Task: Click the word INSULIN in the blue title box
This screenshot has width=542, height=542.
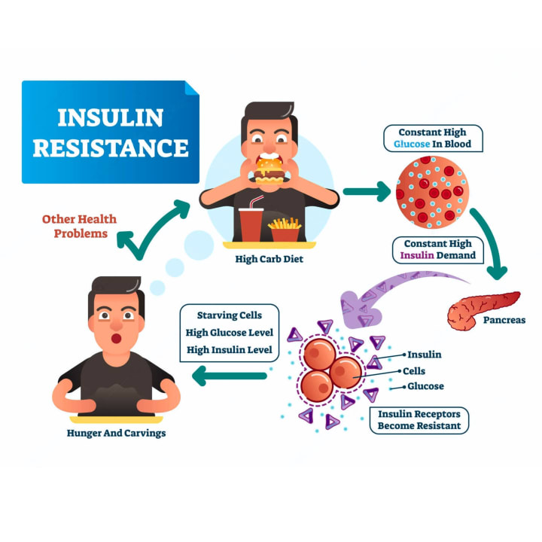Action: (111, 119)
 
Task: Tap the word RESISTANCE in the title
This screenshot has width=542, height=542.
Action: (111, 148)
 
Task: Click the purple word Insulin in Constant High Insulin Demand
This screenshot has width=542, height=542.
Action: (416, 255)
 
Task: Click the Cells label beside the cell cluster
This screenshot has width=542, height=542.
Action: (414, 370)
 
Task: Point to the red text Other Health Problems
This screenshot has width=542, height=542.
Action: (80, 226)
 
